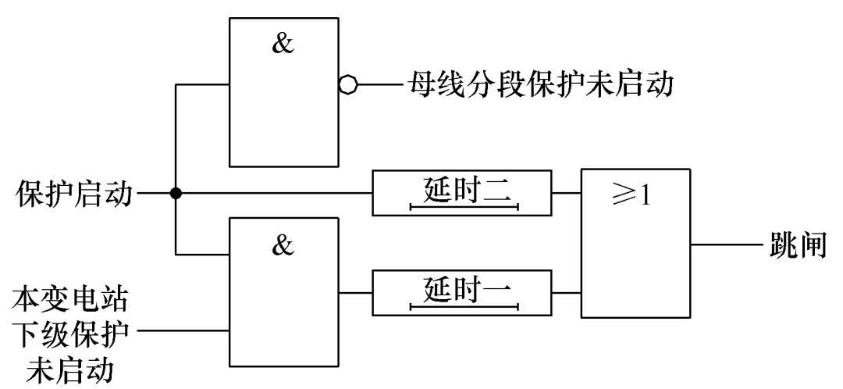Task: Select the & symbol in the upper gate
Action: point(283,45)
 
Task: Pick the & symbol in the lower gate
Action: point(283,245)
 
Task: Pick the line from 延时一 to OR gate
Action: point(565,292)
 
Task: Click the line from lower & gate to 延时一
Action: point(354,292)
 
